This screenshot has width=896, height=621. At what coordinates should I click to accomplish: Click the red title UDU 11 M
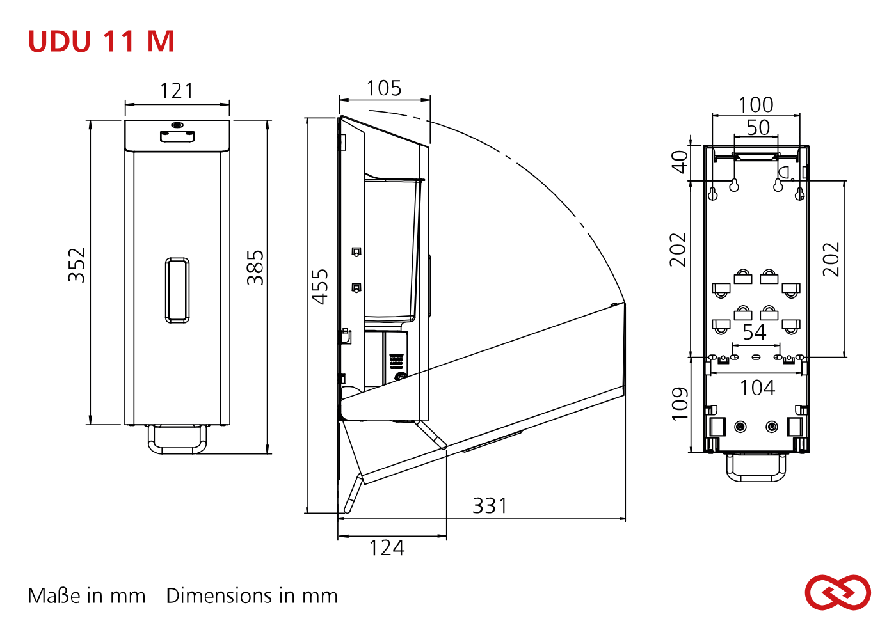coord(101,41)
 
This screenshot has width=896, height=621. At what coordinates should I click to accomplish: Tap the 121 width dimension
coord(177,91)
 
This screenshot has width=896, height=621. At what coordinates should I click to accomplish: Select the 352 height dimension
coord(76,265)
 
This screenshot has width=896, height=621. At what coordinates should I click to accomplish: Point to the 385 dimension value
coord(255,267)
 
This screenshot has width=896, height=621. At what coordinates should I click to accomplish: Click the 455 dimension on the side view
coord(320,287)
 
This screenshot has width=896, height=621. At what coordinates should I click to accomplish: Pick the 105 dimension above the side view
coord(384,88)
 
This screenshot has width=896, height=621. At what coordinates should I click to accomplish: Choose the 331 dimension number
coord(490,505)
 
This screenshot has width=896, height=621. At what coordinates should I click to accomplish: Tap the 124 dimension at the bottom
coord(387,547)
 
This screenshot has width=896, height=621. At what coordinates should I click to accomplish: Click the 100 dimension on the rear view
coord(756,105)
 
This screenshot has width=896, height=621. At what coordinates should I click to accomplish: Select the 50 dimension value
coord(758,127)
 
